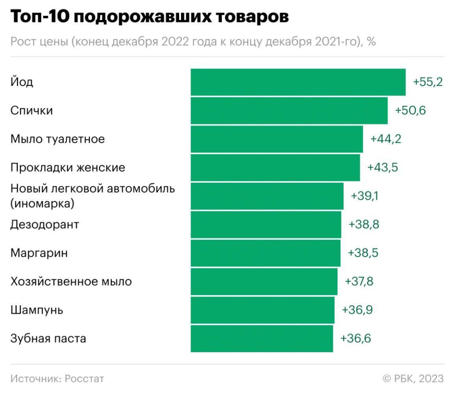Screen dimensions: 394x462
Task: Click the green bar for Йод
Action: coord(298,82)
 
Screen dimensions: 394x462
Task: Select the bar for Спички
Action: coord(289,111)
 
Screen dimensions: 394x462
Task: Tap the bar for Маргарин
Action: coord(265,253)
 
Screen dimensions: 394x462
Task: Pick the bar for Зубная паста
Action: coord(262,338)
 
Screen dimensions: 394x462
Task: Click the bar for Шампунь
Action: coord(262,310)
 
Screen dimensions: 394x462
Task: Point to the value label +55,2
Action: coord(428,82)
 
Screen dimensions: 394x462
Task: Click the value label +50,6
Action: coord(410,111)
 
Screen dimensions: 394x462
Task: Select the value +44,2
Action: coord(386,139)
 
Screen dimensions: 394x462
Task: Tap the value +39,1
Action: coord(364,196)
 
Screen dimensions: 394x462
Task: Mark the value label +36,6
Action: coord(356,338)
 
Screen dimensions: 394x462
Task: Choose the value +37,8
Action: coord(359,282)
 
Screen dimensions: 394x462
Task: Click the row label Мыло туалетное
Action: coord(57,139)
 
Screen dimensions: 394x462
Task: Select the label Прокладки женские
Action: coord(68,167)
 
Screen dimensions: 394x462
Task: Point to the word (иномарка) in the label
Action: coord(42,204)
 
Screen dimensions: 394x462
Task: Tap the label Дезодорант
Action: coord(44,225)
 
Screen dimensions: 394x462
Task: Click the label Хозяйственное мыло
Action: coord(71,282)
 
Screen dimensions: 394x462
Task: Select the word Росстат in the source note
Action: coord(84,379)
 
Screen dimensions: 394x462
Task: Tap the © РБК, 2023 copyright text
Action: coord(413,379)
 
